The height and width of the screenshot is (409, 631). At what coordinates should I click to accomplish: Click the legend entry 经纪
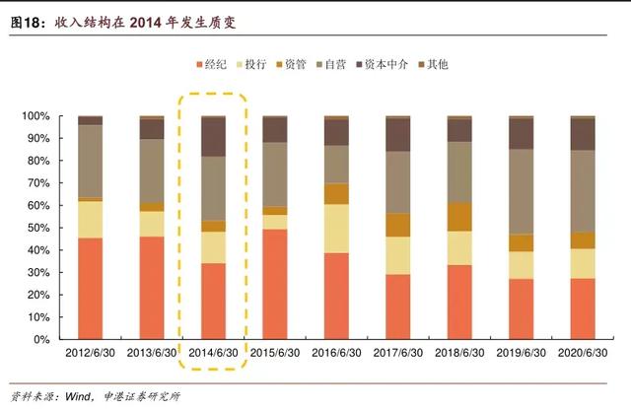click(214, 64)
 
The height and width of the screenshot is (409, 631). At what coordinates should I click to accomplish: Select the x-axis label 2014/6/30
click(213, 353)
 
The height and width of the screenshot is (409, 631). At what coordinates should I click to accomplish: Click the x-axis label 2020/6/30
click(583, 353)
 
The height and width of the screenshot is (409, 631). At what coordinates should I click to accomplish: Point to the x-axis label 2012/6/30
click(90, 353)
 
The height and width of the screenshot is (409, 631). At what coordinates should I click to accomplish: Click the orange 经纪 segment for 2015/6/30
click(275, 284)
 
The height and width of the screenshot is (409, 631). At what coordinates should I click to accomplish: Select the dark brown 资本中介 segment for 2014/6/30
click(213, 137)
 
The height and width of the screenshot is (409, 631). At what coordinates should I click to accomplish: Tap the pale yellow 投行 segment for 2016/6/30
click(336, 228)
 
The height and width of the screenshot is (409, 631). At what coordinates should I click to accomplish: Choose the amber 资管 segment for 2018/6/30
click(459, 217)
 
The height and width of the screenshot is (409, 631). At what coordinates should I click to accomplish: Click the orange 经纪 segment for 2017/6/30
click(397, 307)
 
